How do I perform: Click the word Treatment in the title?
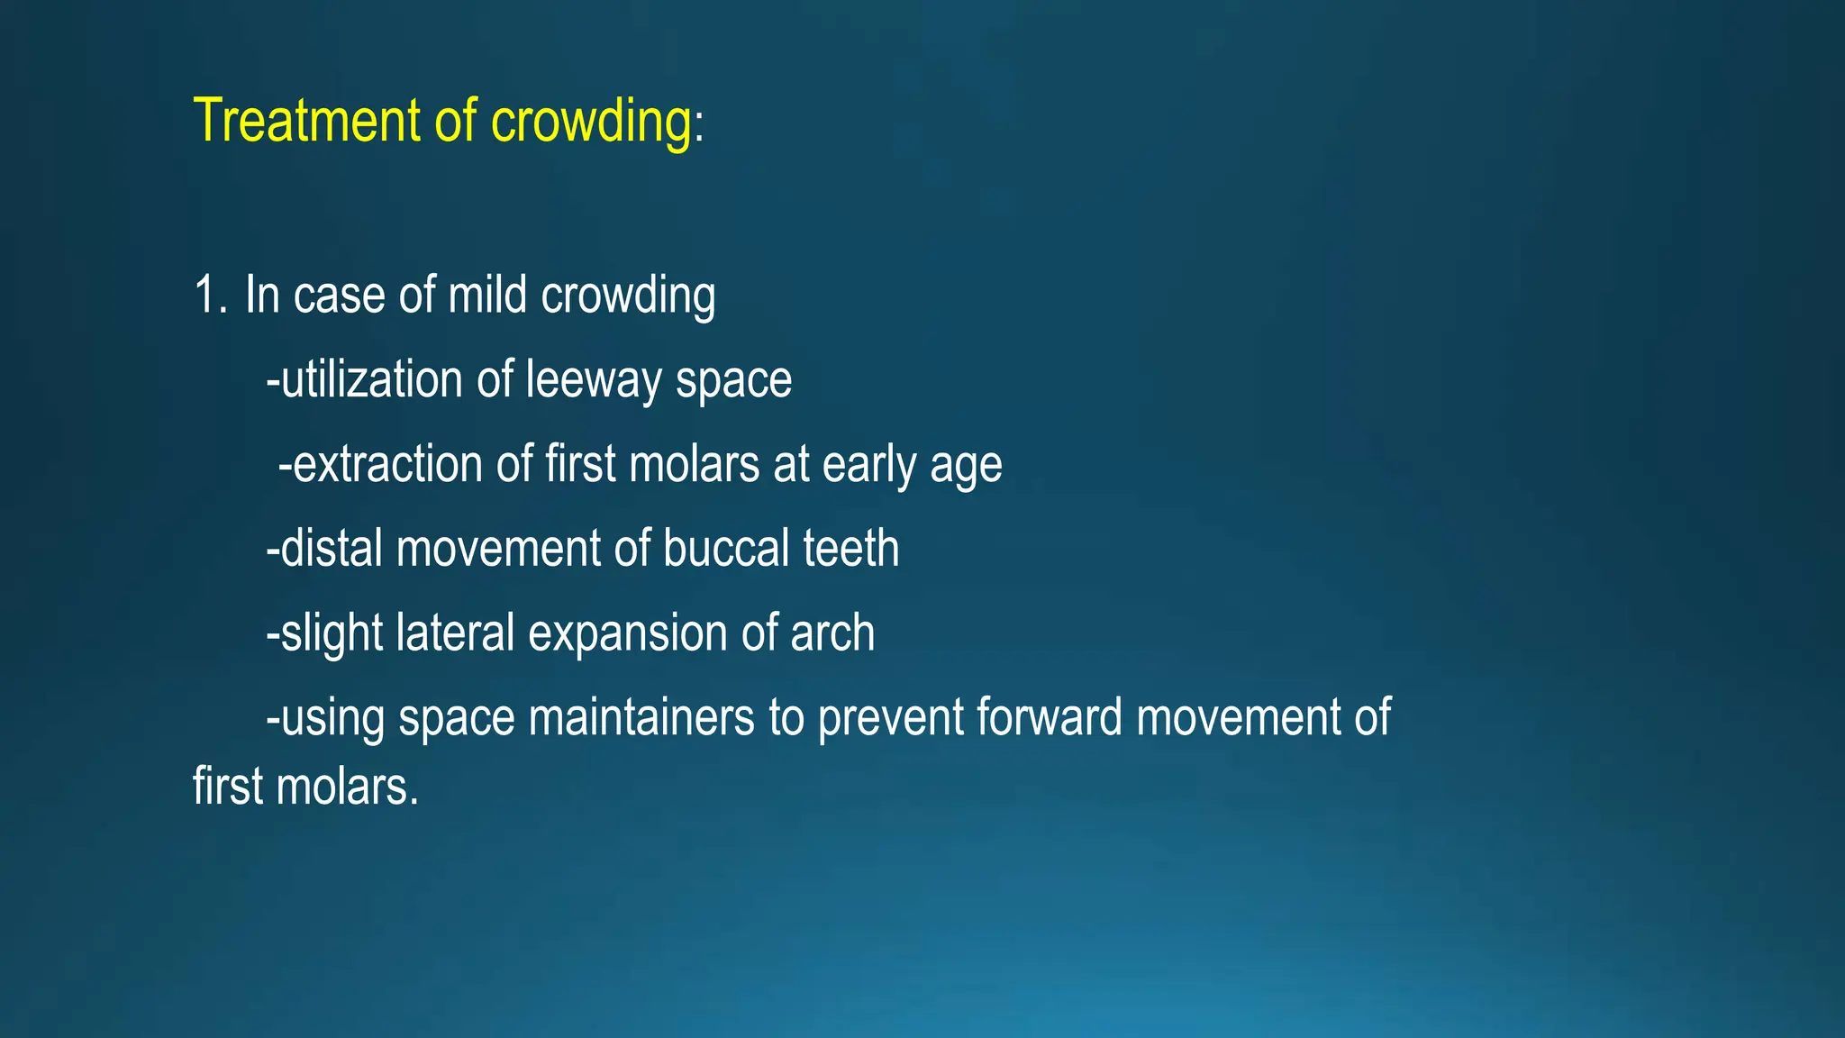[307, 121]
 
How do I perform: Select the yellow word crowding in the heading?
[591, 121]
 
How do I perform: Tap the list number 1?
[209, 296]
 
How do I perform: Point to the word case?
[339, 296]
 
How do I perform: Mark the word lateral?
[454, 633]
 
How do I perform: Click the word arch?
[832, 633]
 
